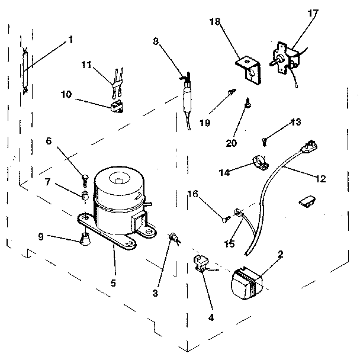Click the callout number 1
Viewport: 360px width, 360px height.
pyautogui.click(x=70, y=40)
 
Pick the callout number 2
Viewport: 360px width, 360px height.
pyautogui.click(x=280, y=255)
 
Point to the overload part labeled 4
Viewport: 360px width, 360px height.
pyautogui.click(x=201, y=262)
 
